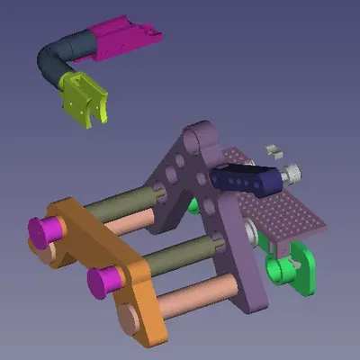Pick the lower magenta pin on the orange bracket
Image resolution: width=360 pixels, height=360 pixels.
click(x=103, y=283)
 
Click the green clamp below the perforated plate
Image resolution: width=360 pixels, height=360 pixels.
click(x=293, y=271)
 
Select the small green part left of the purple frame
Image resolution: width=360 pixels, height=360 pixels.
click(x=193, y=204)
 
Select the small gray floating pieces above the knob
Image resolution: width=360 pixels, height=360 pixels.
click(x=273, y=147)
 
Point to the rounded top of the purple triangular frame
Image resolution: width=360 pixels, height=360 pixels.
click(x=193, y=136)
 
